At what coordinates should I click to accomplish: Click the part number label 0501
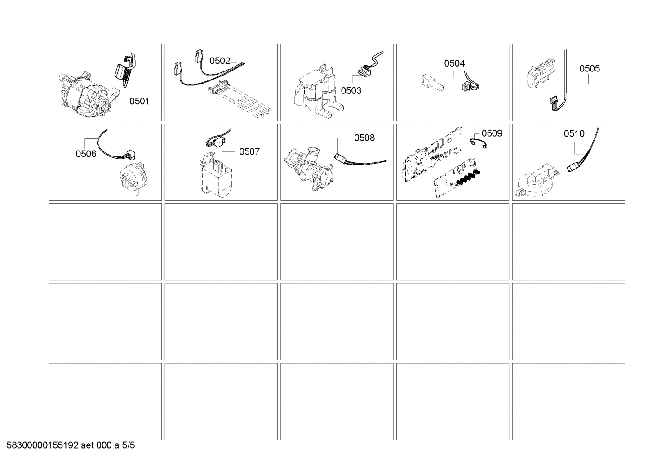tap(139, 101)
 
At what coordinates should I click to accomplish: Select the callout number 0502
tap(220, 61)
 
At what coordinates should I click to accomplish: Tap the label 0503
tap(351, 91)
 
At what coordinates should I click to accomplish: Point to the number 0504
tap(454, 63)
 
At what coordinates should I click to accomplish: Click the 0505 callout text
tap(589, 68)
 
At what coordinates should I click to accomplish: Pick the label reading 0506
tap(86, 154)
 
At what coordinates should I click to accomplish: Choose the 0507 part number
tap(249, 151)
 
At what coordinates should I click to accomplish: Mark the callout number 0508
tap(364, 138)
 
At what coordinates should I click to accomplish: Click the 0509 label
tap(492, 133)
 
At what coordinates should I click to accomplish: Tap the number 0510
tap(574, 133)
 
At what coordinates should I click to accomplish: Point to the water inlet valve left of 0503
tap(317, 94)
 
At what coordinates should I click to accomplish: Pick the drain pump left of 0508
tap(310, 167)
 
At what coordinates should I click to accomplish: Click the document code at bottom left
tap(71, 446)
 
